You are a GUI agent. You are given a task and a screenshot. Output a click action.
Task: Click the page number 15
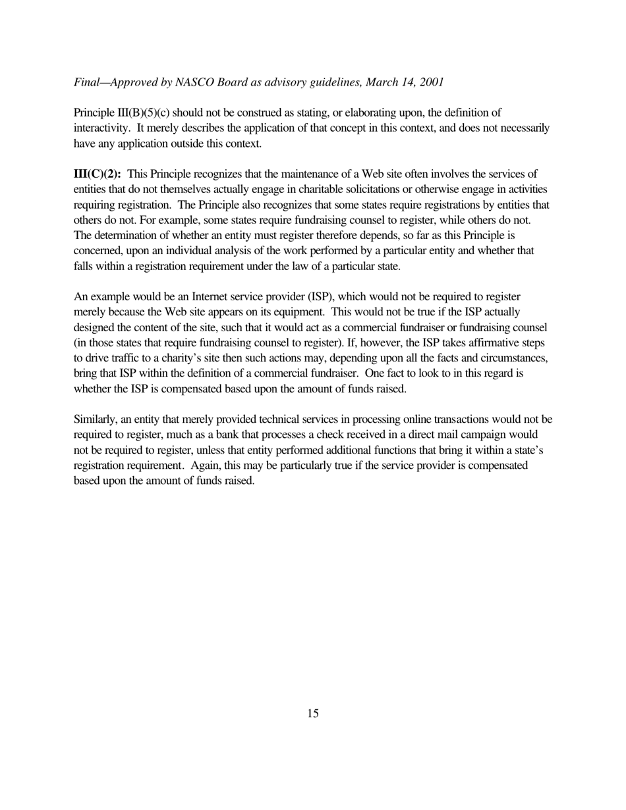pos(312,713)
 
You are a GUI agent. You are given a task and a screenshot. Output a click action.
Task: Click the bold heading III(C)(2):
pos(97,175)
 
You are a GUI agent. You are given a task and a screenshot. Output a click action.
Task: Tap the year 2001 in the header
pos(430,82)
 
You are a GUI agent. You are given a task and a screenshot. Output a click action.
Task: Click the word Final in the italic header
pos(87,82)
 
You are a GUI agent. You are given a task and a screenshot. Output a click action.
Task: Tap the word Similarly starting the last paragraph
pos(95,419)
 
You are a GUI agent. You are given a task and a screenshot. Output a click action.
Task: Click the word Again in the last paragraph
pos(204,466)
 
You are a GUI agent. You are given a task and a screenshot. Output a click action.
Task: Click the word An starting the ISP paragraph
pos(80,297)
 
